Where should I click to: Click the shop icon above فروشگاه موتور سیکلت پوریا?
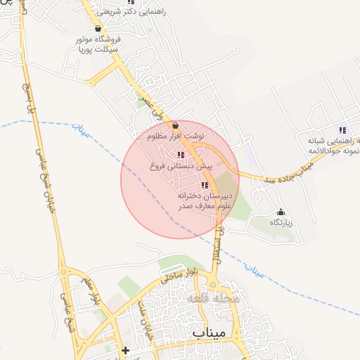point(98,29)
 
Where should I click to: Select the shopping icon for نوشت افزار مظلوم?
point(175,124)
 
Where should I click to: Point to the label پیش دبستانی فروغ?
point(180,167)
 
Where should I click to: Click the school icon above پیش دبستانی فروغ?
point(181,155)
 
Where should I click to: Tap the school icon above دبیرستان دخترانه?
point(205,186)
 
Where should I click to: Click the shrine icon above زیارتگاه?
point(281,212)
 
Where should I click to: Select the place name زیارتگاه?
point(281,222)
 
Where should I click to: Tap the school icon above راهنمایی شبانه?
point(342,130)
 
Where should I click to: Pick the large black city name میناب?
point(209,333)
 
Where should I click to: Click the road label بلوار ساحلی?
point(176,273)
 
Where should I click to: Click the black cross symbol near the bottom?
point(125,349)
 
